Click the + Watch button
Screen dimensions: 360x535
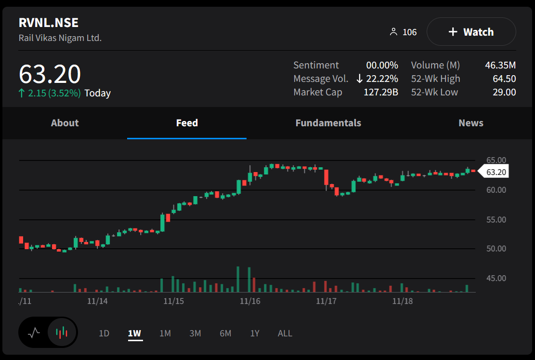471,32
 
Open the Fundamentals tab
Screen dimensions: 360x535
328,123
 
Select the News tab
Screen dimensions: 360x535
470,123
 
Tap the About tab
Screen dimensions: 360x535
65,123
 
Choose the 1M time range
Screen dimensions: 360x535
165,333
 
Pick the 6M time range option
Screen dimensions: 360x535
225,333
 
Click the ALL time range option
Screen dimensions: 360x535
285,333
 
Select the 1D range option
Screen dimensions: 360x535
104,333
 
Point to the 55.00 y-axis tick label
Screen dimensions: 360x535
496,220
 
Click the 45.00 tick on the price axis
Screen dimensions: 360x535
496,278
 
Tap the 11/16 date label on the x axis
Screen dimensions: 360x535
249,301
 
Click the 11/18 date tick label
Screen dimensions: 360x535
403,301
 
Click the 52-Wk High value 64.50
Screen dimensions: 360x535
504,79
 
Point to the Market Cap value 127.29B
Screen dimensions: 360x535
380,92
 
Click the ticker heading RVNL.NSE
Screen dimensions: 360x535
48,23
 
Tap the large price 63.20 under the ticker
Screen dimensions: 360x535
50,74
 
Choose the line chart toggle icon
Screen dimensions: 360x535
34,332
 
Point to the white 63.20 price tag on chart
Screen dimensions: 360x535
496,172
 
